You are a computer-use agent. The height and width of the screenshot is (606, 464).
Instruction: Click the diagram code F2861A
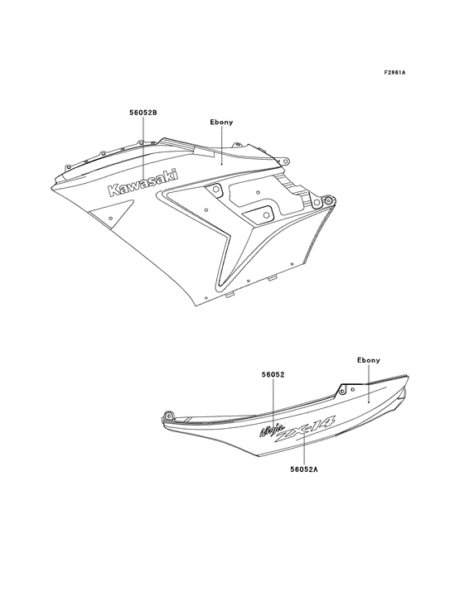(394, 72)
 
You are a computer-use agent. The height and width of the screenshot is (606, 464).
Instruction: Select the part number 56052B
(143, 113)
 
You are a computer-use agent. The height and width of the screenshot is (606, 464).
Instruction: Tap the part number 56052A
(304, 469)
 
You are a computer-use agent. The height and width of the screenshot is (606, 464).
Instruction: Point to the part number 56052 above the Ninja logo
(273, 374)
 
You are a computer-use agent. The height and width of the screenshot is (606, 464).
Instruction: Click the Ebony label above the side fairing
(221, 123)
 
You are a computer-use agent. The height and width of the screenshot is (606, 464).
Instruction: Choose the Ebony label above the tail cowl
(369, 360)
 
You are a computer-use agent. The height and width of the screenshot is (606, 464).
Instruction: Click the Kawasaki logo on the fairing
(143, 182)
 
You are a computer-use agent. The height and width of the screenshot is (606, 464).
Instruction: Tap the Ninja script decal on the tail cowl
(273, 430)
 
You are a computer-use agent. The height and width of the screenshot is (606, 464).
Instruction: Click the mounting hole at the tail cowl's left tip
(168, 416)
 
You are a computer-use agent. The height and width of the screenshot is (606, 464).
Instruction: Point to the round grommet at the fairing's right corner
(329, 200)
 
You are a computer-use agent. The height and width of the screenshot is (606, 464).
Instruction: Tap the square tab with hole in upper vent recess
(214, 190)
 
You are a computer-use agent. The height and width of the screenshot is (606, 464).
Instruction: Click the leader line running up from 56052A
(304, 449)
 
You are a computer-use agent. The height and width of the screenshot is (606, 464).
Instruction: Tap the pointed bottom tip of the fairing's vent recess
(220, 286)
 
